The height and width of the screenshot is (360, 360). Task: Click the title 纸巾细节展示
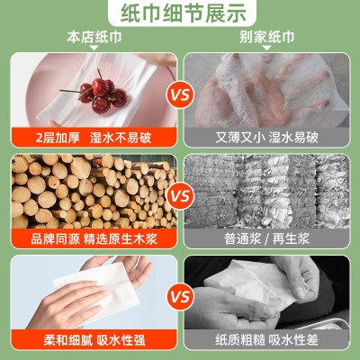click(x=180, y=12)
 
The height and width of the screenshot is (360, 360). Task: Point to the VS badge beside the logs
click(x=180, y=194)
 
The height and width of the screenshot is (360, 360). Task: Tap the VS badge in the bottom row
click(x=180, y=297)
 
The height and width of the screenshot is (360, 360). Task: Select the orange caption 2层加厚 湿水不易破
click(x=92, y=138)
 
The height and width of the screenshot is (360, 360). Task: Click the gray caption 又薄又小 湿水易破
click(x=268, y=138)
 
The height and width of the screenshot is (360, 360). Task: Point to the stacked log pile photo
click(x=90, y=191)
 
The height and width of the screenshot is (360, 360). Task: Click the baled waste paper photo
click(x=268, y=191)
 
